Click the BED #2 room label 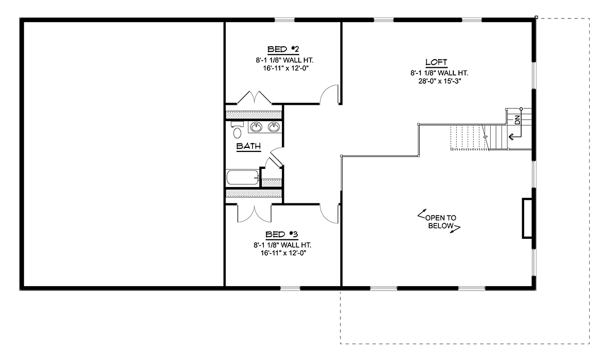pyautogui.click(x=283, y=49)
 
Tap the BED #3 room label pyautogui.click(x=282, y=235)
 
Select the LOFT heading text pyautogui.click(x=436, y=62)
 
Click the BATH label pyautogui.click(x=248, y=146)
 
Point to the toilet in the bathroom pyautogui.click(x=237, y=130)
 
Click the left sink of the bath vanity pyautogui.click(x=256, y=127)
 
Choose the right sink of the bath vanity pyautogui.click(x=274, y=127)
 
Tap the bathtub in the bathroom pyautogui.click(x=242, y=177)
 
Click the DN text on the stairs pyautogui.click(x=517, y=120)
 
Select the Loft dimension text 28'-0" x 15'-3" pyautogui.click(x=440, y=81)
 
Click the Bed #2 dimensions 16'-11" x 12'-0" pyautogui.click(x=286, y=68)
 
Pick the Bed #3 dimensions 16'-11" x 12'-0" pyautogui.click(x=283, y=253)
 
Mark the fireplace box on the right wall pyautogui.click(x=528, y=218)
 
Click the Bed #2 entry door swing pyautogui.click(x=329, y=95)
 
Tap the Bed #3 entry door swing pyautogui.click(x=329, y=214)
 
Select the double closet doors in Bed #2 pyautogui.click(x=255, y=97)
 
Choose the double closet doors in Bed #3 pyautogui.click(x=255, y=213)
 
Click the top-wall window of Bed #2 pyautogui.click(x=284, y=20)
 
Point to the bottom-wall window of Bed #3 pyautogui.click(x=290, y=288)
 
